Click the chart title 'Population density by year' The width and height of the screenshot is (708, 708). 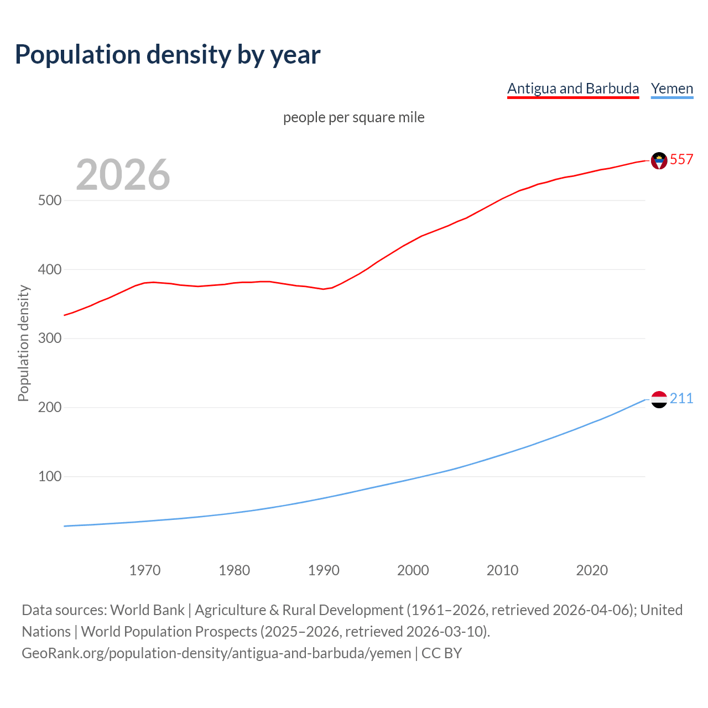[x=168, y=54]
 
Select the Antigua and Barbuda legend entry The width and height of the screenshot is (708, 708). [x=573, y=88]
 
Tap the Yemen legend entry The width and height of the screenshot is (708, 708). [x=672, y=88]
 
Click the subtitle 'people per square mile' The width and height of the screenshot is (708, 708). [x=354, y=117]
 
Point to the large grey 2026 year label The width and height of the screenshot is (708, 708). [x=123, y=175]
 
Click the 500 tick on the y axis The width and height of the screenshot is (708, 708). [x=50, y=200]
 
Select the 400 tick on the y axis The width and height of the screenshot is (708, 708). [x=50, y=269]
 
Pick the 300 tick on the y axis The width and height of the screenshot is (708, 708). [x=50, y=339]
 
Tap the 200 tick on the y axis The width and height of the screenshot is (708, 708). [x=50, y=408]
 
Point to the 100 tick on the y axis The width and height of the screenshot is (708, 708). [x=50, y=476]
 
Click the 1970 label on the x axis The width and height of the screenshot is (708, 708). [x=145, y=570]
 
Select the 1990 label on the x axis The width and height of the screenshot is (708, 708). [x=324, y=570]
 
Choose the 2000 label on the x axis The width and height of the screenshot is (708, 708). [x=413, y=570]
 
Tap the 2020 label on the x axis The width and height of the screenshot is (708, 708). [x=592, y=570]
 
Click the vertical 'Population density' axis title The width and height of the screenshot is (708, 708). [x=23, y=343]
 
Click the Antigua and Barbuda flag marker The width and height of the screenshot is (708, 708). [x=659, y=160]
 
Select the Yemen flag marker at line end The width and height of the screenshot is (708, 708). [x=659, y=399]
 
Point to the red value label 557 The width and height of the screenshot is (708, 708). [x=681, y=159]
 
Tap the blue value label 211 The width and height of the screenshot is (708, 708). [x=681, y=398]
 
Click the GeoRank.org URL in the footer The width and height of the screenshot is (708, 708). [x=216, y=653]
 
